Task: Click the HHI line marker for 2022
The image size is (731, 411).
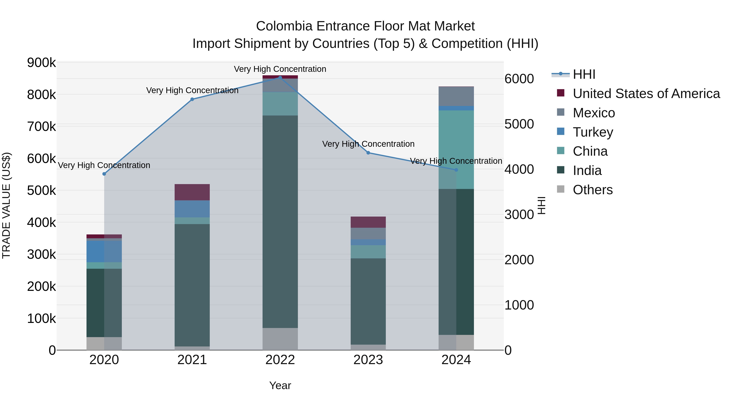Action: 280,78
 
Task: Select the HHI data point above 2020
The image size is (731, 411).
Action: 104,174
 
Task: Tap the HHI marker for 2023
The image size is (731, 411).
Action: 368,153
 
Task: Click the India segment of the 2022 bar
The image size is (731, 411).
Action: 280,221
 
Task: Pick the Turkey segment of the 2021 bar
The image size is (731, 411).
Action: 192,209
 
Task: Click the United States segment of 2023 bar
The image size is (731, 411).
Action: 368,222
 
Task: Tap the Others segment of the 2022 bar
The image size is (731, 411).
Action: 280,339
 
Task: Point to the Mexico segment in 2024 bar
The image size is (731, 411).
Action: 456,96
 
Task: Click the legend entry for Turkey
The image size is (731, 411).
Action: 593,132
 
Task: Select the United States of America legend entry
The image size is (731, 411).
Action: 646,94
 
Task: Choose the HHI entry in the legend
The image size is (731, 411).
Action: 584,74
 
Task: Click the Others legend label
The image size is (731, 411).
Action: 593,190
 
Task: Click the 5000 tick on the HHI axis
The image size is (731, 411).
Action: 519,124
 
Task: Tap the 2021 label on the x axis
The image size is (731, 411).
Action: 192,360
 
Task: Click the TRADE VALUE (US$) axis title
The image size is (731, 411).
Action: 6,206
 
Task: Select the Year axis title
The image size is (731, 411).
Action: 280,385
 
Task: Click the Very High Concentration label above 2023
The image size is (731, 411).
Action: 368,144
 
